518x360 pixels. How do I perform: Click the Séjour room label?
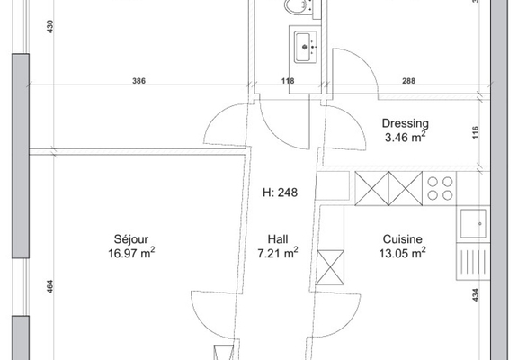[x=131, y=239]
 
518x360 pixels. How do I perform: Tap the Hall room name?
[x=278, y=239]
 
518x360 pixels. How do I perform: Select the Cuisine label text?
[x=402, y=239]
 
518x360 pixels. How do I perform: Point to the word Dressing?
[x=406, y=123]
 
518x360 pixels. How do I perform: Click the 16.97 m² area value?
[x=131, y=253]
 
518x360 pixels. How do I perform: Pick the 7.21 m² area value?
[x=278, y=253]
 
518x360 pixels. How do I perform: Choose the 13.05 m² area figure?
[x=402, y=253]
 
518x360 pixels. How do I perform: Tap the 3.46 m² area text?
[x=406, y=137]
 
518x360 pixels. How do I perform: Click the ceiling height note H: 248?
[x=280, y=193]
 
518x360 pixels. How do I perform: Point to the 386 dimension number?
[x=138, y=81]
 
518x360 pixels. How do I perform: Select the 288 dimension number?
[x=408, y=81]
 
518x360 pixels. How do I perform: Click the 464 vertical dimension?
[x=49, y=287]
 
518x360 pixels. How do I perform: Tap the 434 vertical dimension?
[x=475, y=295]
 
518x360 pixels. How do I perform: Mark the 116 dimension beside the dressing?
[x=475, y=132]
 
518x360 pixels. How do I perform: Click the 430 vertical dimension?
[x=49, y=26]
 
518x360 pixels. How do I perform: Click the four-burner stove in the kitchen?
[x=440, y=188]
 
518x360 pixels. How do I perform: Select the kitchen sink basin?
[x=473, y=223]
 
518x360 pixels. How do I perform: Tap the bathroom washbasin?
[x=304, y=47]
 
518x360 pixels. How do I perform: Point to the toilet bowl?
[x=294, y=6]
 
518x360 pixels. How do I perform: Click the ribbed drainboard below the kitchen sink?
[x=473, y=262]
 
